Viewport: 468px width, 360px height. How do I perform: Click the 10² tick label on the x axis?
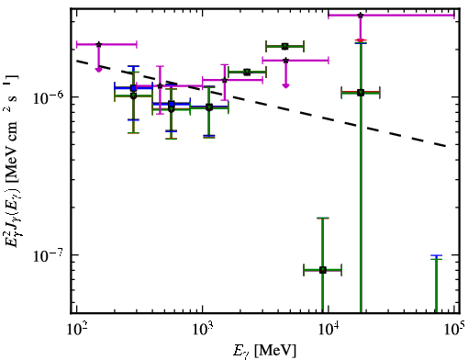[x=76, y=329]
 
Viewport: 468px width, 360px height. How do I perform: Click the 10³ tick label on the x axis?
[x=202, y=329]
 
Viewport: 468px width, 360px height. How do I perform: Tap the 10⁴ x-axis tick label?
[x=329, y=329]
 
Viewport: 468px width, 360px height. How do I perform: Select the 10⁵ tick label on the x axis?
[x=454, y=329]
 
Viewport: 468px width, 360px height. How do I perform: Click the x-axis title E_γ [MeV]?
[x=264, y=351]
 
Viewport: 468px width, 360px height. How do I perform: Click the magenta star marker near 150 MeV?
[x=98, y=44]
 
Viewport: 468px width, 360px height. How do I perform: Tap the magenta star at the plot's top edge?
[x=361, y=15]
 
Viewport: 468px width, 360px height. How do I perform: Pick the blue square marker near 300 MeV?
[x=133, y=88]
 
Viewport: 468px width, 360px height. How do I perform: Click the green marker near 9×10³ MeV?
[x=323, y=270]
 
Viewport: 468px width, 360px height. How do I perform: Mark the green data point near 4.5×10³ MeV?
[x=285, y=47]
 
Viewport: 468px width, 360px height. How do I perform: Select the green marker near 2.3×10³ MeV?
[x=248, y=73]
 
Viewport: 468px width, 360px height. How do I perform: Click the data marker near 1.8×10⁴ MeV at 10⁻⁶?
[x=361, y=93]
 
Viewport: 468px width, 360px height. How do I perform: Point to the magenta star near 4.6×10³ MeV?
[x=285, y=61]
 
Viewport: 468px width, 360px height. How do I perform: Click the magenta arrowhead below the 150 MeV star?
[x=98, y=70]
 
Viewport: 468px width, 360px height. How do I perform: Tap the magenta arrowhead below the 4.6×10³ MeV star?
[x=285, y=85]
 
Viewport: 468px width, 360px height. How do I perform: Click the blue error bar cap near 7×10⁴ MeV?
[x=436, y=255]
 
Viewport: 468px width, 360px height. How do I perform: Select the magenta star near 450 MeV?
[x=160, y=85]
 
